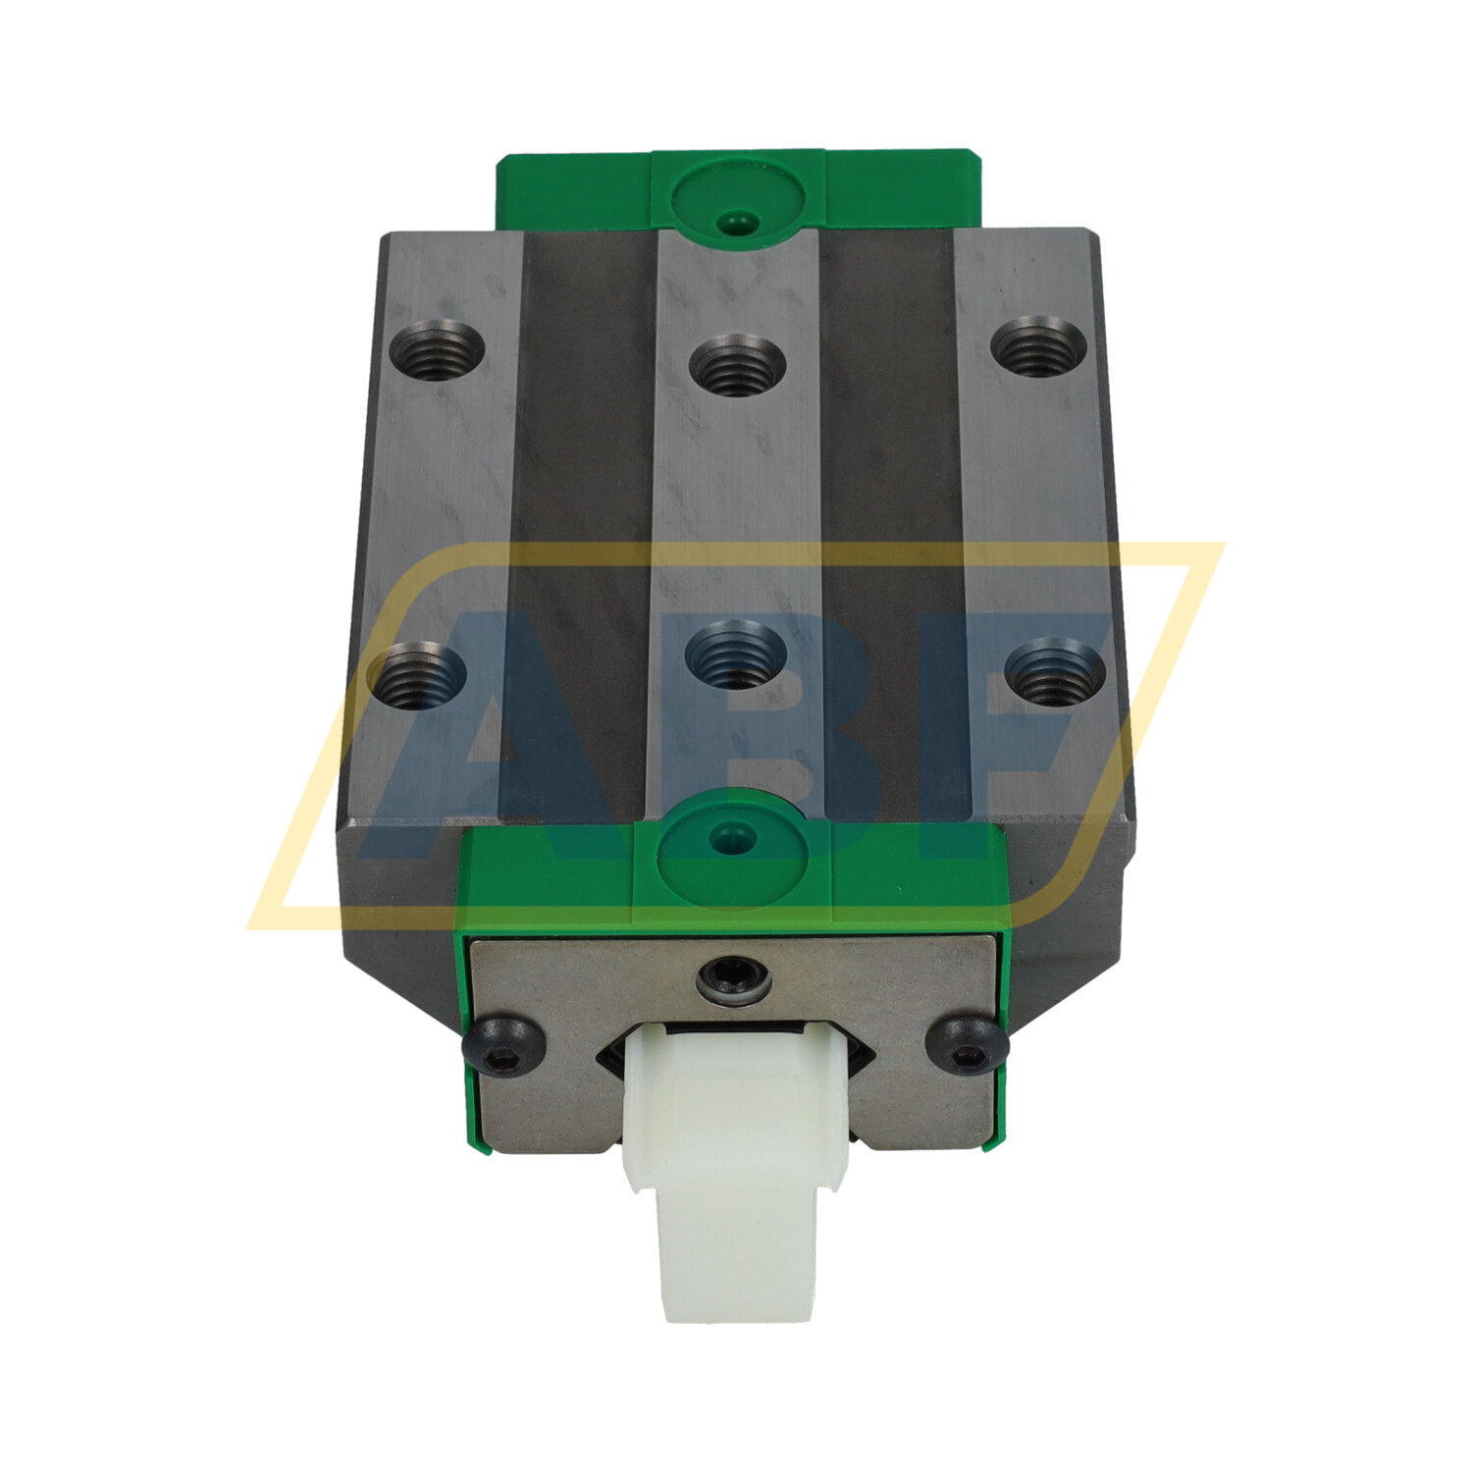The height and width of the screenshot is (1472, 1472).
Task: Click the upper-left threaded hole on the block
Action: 438,347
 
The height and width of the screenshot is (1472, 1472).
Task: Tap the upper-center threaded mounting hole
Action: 736,364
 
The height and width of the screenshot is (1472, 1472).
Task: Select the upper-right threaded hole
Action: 1038,347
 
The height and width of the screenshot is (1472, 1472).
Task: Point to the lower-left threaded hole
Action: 422,673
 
